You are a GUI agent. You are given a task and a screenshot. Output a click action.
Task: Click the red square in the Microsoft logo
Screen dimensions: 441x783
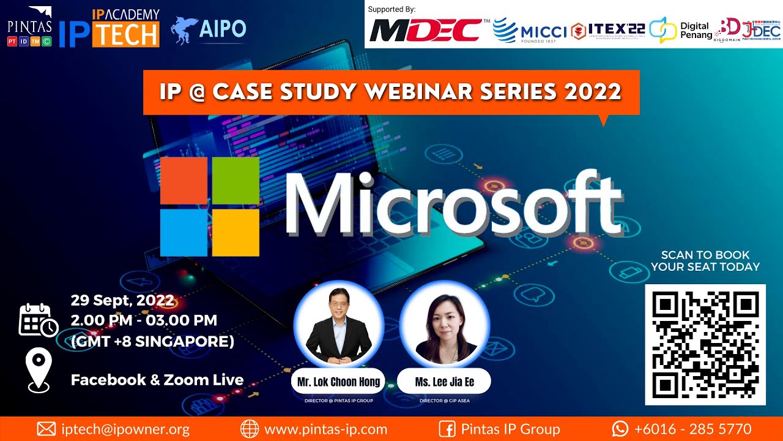(x=184, y=181)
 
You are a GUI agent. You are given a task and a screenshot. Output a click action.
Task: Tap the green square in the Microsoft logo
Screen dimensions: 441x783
(x=236, y=181)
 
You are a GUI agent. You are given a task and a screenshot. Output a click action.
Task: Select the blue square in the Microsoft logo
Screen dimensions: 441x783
(x=184, y=232)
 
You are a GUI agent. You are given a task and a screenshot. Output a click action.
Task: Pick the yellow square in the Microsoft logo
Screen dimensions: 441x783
(x=236, y=232)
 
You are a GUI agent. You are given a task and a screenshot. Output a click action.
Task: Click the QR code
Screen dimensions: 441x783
(x=705, y=344)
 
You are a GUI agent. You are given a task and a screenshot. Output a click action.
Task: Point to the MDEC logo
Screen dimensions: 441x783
(x=425, y=29)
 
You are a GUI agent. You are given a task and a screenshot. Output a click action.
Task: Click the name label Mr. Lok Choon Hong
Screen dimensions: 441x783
(x=338, y=382)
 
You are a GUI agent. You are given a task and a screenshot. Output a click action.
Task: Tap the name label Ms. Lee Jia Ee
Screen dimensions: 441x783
(x=444, y=382)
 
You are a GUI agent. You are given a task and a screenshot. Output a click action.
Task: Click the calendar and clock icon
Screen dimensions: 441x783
(x=38, y=320)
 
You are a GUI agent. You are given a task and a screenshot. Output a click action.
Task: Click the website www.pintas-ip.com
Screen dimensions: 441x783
(x=325, y=429)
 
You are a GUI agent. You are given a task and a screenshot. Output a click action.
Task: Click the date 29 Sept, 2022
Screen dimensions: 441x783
(x=122, y=301)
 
